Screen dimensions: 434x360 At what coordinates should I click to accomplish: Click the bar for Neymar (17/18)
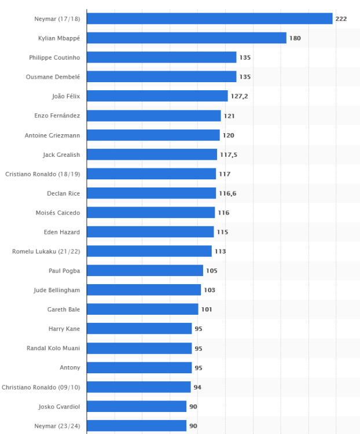click(x=210, y=19)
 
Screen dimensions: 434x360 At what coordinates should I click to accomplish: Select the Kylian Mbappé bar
click(x=186, y=38)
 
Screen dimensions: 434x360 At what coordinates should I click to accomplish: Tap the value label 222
click(x=341, y=19)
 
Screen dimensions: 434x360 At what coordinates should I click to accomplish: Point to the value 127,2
click(x=239, y=96)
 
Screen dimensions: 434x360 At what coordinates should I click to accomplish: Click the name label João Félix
click(x=66, y=96)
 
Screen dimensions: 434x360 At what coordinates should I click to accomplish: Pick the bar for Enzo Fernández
click(x=153, y=116)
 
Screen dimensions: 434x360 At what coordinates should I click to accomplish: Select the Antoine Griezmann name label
click(x=52, y=135)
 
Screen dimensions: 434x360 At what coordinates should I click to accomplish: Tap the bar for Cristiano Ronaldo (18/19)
click(x=151, y=174)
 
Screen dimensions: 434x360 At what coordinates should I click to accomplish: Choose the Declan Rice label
click(x=63, y=193)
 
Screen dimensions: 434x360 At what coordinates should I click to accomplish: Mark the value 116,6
click(x=227, y=193)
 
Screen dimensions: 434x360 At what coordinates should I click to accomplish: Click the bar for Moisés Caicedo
click(x=150, y=212)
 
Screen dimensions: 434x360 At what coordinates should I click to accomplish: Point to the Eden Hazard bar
click(x=150, y=232)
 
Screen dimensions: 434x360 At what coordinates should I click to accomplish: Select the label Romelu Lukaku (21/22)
click(x=46, y=251)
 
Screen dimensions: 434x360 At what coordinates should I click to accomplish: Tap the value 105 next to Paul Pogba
click(x=211, y=271)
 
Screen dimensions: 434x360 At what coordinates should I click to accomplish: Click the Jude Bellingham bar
click(x=144, y=290)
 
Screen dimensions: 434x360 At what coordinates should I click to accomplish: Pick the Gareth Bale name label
click(x=64, y=310)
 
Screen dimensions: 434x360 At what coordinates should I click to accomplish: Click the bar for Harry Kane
click(x=139, y=329)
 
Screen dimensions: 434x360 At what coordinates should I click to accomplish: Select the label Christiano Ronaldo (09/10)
click(x=41, y=387)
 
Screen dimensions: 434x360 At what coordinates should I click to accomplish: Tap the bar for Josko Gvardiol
click(x=137, y=406)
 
